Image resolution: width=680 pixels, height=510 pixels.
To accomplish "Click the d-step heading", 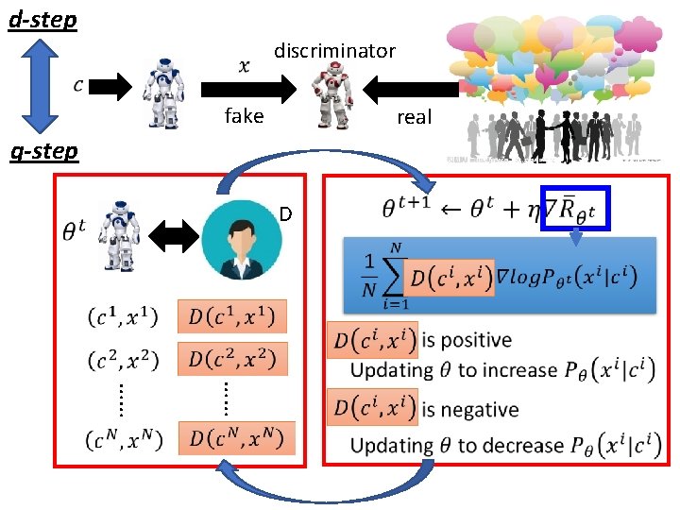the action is point(42,19).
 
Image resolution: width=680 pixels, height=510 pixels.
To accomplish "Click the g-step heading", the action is point(42,151).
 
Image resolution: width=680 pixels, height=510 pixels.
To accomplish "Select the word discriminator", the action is point(334,51).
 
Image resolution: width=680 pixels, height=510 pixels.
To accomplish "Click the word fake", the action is point(244,116).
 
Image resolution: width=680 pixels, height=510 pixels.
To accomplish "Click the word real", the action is point(414,117).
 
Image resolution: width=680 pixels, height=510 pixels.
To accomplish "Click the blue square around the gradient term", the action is point(577,210).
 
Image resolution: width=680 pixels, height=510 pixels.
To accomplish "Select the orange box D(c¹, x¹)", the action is point(232,316).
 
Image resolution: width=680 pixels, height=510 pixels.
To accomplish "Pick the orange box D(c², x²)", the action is point(232,359).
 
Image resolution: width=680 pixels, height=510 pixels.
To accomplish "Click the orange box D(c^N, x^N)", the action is point(236,438).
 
